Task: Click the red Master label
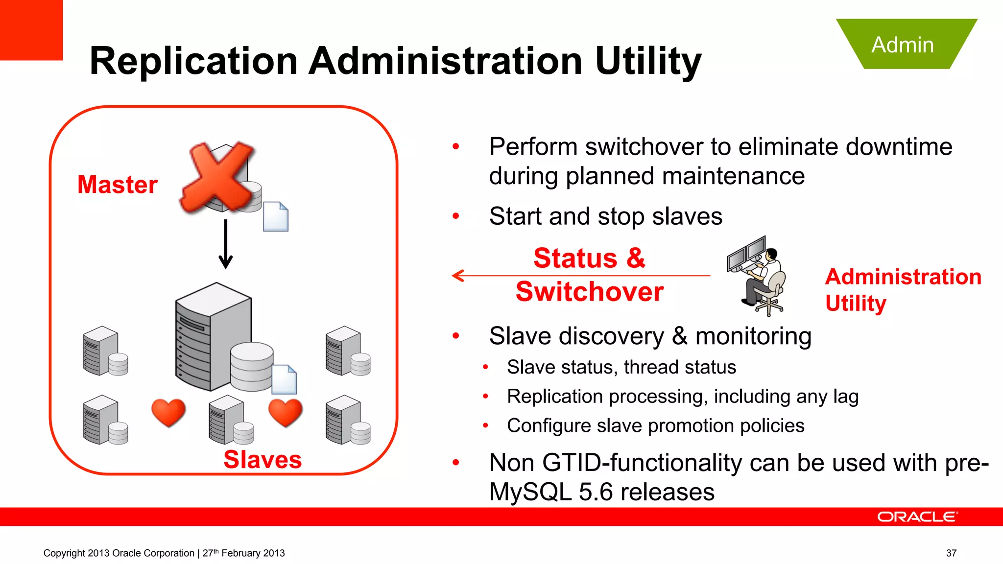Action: coord(118,185)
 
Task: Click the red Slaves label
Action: coord(263,459)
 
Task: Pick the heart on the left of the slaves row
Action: coord(168,412)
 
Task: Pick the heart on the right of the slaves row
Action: coord(286,412)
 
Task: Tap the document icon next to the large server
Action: coord(285,379)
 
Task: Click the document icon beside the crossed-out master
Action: coord(276,216)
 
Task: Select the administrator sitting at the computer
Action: coord(758,277)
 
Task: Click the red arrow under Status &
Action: coord(580,276)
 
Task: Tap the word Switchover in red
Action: coord(590,292)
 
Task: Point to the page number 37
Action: coord(951,553)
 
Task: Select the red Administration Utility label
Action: coord(903,289)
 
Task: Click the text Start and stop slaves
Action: coord(605,216)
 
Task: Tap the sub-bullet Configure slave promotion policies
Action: coord(655,425)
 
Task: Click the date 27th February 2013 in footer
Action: coord(243,553)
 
